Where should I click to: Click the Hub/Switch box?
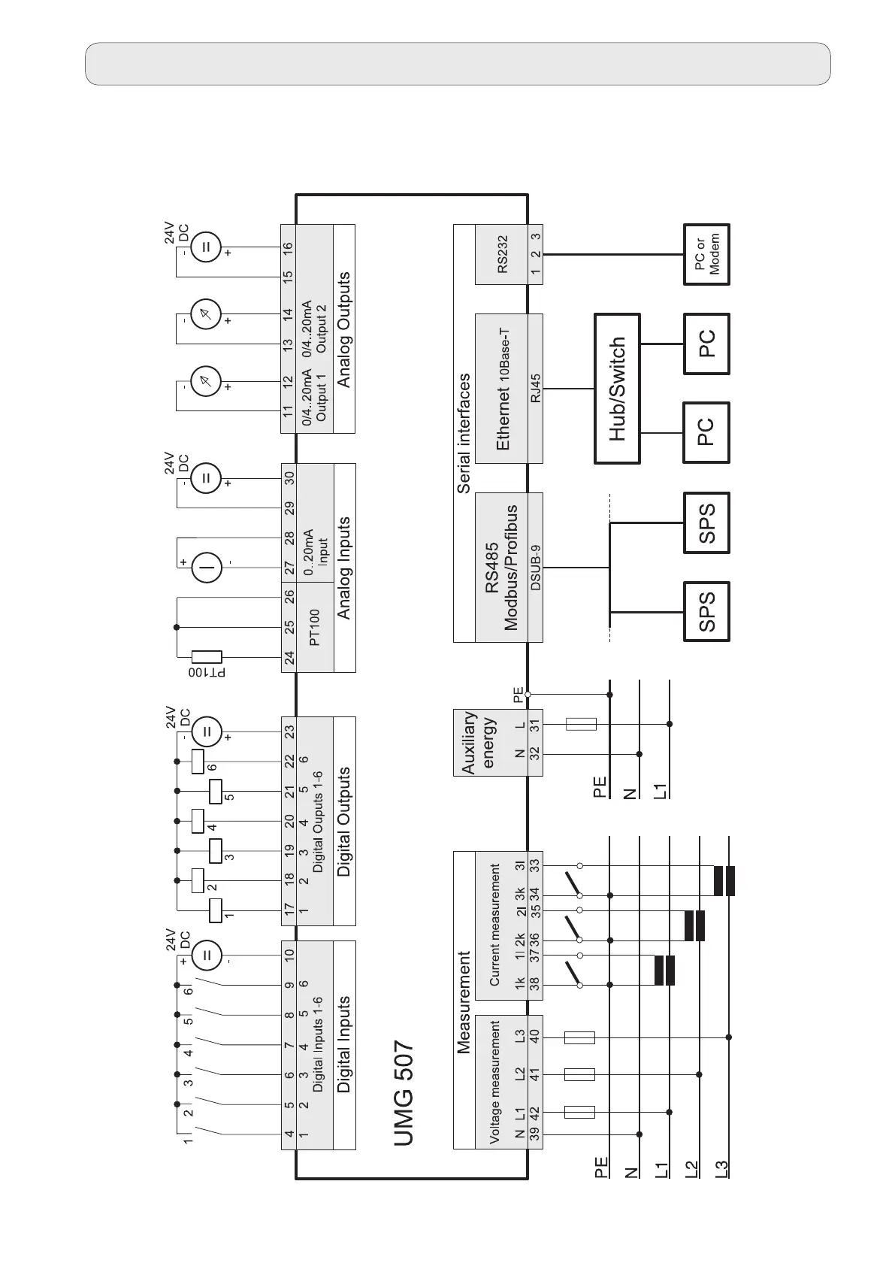[617, 389]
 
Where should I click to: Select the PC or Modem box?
[706, 255]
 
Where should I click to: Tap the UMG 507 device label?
[404, 1103]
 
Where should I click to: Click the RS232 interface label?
[502, 255]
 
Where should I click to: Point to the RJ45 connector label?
[535, 389]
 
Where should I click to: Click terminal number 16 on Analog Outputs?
[289, 247]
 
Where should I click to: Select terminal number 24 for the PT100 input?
[289, 659]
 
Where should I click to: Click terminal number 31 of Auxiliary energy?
[535, 725]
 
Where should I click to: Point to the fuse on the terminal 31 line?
[580, 725]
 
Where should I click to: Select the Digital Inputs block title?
[344, 1044]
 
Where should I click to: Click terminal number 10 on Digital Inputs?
[289, 955]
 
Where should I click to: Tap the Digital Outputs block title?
[344, 821]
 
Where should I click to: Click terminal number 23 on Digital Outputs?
[289, 730]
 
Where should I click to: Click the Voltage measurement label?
[494, 1092]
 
